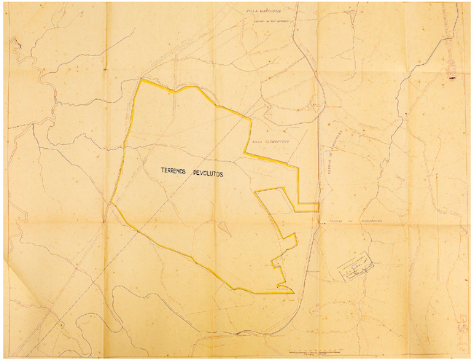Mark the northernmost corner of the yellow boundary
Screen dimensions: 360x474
point(142,79)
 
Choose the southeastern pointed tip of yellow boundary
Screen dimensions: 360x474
point(293,294)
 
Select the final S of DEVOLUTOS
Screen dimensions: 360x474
point(223,174)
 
